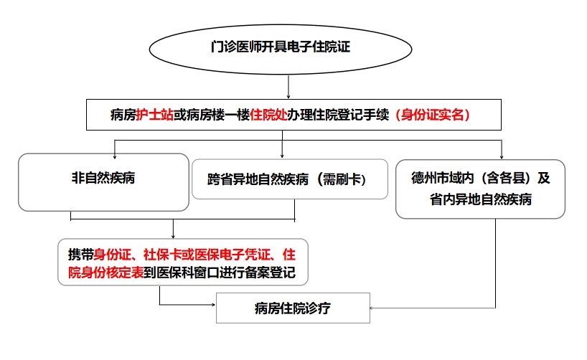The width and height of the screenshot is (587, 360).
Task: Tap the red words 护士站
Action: (x=154, y=115)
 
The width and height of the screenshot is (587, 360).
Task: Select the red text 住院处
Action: (x=268, y=115)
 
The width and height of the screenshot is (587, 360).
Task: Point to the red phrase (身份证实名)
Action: (x=433, y=115)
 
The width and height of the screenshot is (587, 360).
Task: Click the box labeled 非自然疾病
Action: (x=104, y=182)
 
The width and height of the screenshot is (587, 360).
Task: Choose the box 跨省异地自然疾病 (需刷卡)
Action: (x=290, y=179)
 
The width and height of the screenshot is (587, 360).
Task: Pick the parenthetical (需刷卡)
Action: (x=342, y=179)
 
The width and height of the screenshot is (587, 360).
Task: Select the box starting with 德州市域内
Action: (x=480, y=189)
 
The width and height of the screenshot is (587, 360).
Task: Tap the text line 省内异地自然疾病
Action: (x=480, y=199)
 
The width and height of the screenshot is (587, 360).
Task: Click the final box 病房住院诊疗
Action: (x=293, y=308)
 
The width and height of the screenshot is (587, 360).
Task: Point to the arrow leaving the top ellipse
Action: (x=288, y=87)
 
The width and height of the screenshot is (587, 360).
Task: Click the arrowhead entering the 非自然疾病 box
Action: (x=115, y=156)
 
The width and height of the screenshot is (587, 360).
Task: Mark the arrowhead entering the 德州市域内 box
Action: (x=502, y=156)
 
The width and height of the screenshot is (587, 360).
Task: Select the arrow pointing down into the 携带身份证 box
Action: (x=173, y=229)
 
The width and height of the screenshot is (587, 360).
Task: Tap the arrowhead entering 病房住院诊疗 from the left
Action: (x=213, y=305)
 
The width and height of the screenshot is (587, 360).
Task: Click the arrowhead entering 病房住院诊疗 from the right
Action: (x=372, y=308)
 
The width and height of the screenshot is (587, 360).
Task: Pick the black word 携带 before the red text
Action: (x=80, y=255)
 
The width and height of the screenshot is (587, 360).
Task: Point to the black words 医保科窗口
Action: (x=188, y=273)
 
